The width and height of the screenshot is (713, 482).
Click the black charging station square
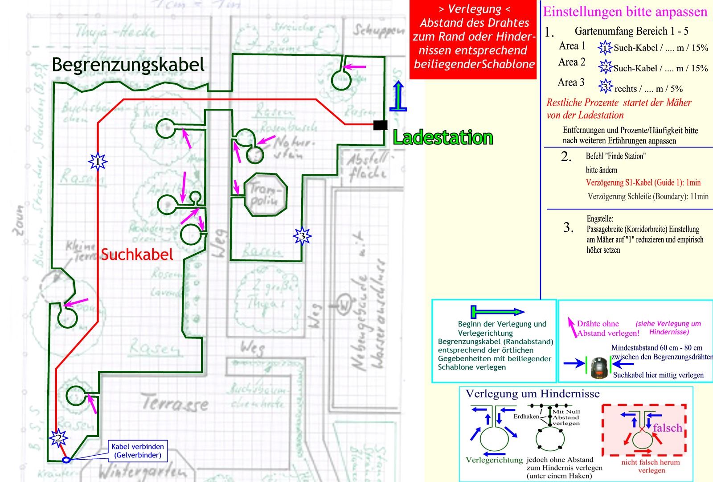(x=380, y=125)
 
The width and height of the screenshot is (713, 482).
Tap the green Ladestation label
(x=443, y=137)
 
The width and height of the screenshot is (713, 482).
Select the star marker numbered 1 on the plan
(x=98, y=161)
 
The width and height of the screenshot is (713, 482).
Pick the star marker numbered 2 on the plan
(x=58, y=438)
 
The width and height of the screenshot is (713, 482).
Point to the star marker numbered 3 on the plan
(x=302, y=236)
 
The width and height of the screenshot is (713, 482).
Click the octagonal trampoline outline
(x=265, y=195)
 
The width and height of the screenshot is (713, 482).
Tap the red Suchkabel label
(x=137, y=255)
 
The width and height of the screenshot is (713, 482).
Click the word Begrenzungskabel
(x=128, y=65)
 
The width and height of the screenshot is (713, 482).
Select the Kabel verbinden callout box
(x=137, y=451)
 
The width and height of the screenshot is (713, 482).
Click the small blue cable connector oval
(x=66, y=460)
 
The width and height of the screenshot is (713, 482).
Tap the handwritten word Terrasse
(x=175, y=403)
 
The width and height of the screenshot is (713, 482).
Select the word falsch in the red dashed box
(x=667, y=428)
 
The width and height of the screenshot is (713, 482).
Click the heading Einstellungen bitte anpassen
(x=625, y=12)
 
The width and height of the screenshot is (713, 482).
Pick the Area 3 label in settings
(x=571, y=82)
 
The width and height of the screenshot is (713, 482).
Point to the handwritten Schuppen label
(x=378, y=30)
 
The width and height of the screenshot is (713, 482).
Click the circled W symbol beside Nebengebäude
(x=344, y=305)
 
